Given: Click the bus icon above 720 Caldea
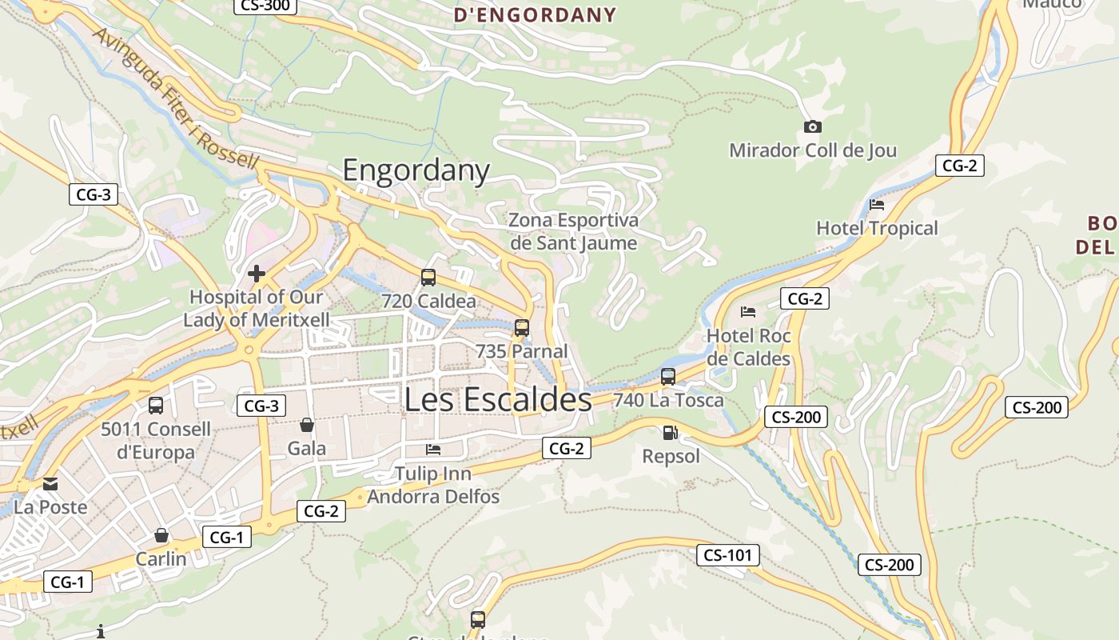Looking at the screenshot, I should [428, 278].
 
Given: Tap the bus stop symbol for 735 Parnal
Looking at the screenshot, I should [522, 327].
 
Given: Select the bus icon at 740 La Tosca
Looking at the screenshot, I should [668, 376].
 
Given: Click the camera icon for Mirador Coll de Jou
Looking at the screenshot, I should [813, 126].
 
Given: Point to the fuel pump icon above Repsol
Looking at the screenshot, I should [670, 433].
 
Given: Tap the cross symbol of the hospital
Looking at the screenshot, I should [257, 274].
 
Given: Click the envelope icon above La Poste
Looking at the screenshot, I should [50, 483].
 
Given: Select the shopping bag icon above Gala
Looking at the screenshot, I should [306, 424].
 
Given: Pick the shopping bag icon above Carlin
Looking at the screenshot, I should [161, 534].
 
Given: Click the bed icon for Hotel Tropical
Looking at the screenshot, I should [877, 204].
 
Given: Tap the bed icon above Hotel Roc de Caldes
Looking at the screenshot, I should [748, 311].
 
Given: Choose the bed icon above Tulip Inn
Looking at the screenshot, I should [433, 449].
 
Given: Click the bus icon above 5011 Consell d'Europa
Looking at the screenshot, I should [156, 405].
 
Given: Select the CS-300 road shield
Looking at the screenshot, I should [265, 6].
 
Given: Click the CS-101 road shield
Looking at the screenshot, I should [727, 555].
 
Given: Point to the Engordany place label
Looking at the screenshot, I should [416, 170].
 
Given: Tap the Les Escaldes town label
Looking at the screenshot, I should [498, 399].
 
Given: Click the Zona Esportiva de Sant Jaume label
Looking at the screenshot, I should [573, 231].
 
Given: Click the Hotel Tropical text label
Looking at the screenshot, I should [877, 229].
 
